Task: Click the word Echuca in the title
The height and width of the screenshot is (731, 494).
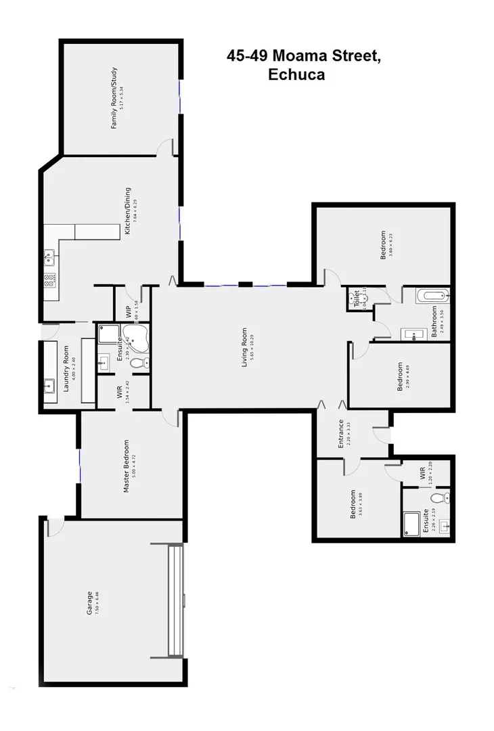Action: (x=296, y=75)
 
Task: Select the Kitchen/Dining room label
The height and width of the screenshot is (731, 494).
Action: (x=127, y=211)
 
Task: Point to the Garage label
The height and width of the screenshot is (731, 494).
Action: (x=89, y=603)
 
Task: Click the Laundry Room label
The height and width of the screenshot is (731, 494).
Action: (x=66, y=369)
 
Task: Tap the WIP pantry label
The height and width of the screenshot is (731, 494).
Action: (x=129, y=311)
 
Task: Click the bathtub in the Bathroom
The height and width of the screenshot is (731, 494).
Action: (x=431, y=295)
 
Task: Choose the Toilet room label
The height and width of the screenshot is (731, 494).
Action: (x=356, y=298)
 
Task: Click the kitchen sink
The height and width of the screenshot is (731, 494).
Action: (x=49, y=256)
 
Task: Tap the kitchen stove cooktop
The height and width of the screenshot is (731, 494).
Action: (x=49, y=280)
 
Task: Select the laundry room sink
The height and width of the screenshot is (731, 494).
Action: (x=50, y=387)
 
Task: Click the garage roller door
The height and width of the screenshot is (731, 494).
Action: (x=175, y=600)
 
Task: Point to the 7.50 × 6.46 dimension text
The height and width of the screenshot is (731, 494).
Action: (x=97, y=603)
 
